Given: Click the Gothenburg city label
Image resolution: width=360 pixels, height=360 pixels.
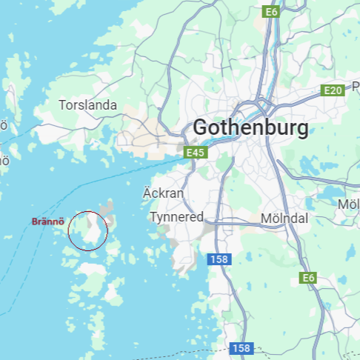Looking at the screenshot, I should coord(250,128).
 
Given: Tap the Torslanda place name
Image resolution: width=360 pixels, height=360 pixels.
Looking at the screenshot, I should coord(88,105).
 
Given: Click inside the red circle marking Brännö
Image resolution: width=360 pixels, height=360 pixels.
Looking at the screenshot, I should coord(88,230).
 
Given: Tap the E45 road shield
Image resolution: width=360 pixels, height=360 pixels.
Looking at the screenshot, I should coord(194,153).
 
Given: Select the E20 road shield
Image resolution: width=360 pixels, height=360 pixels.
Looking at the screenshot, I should coord(333,90).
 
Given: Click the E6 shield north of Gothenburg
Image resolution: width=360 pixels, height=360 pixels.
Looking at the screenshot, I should coord(271,11).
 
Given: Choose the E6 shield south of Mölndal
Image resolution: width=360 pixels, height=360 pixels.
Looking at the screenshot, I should coord(308,278).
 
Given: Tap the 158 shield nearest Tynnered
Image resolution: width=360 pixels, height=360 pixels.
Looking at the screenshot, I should coord(219,259).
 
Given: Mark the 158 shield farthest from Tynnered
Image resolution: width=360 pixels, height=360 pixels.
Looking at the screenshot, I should coord(240,347).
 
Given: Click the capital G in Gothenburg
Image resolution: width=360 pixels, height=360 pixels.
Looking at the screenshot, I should coord(200,128).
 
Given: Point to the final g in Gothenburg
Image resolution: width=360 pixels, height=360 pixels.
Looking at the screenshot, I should coord(301,130).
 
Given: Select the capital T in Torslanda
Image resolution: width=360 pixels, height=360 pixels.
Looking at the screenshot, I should coord(62,105).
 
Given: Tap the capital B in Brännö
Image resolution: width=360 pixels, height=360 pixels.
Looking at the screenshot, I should coord(34,221).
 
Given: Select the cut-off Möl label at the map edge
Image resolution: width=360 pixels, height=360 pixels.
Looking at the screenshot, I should coord(349,204).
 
